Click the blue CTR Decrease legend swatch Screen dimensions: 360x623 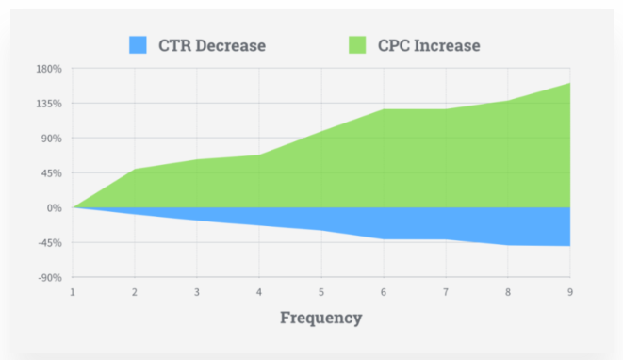pyautogui.click(x=139, y=44)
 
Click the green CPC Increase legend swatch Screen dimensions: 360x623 pyautogui.click(x=357, y=44)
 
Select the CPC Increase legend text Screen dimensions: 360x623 pyautogui.click(x=430, y=44)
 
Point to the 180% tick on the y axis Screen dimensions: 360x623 pyautogui.click(x=49, y=69)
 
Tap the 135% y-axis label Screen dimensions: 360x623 pyautogui.click(x=49, y=104)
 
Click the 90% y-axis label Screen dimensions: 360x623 pyautogui.click(x=51, y=139)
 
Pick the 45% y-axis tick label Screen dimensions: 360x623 pyautogui.click(x=51, y=173)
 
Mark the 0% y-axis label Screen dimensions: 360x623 pyautogui.click(x=54, y=208)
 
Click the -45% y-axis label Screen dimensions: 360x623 pyautogui.click(x=49, y=243)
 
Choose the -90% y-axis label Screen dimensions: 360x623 pyautogui.click(x=49, y=278)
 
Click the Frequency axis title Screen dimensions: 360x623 pyautogui.click(x=320, y=318)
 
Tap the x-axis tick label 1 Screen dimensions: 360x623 pyautogui.click(x=73, y=291)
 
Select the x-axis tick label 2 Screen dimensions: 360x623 pyautogui.click(x=135, y=291)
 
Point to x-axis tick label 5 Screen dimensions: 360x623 pyautogui.click(x=321, y=291)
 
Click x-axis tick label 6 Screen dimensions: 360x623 pyautogui.click(x=384, y=291)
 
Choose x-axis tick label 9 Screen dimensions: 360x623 pyautogui.click(x=569, y=291)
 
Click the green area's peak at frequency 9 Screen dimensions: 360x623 pyautogui.click(x=569, y=83)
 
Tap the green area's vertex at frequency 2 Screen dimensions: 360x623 pyautogui.click(x=135, y=170)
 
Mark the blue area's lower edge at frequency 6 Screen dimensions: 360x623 pyautogui.click(x=384, y=239)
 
